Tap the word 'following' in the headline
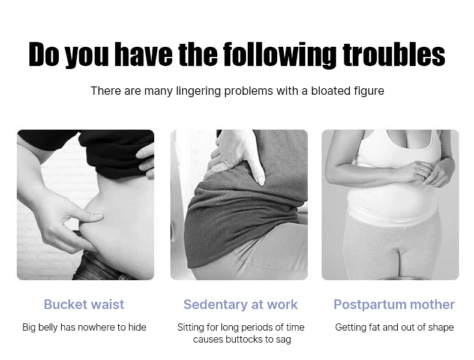[x=280, y=55]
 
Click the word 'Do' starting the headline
[x=44, y=54]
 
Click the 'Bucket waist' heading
[x=84, y=304]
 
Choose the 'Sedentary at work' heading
[x=241, y=305]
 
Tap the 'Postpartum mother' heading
[x=394, y=305]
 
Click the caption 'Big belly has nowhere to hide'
[x=85, y=328]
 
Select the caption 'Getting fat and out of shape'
[x=394, y=328]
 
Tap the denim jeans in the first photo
[x=103, y=266]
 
